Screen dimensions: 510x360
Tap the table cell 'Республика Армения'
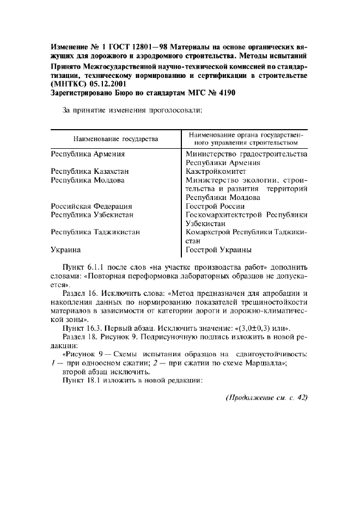pos(88,154)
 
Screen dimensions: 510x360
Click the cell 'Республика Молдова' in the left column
pos(88,180)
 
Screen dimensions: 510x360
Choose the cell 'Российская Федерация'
pos(91,207)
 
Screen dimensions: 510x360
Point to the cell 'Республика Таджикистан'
pos(95,232)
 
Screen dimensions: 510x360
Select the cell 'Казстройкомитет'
pos(216,171)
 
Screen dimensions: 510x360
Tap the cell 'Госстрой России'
pos(215,207)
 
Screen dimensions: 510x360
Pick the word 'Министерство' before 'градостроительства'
pos(210,154)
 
